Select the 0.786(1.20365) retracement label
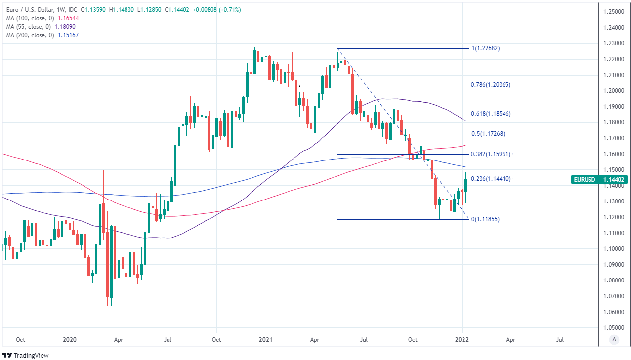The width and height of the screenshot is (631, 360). [491, 85]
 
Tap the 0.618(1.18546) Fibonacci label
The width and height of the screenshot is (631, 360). [491, 114]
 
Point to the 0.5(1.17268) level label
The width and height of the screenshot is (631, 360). [488, 134]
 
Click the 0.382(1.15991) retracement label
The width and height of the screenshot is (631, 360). [491, 154]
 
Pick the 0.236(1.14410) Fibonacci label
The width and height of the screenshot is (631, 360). [491, 179]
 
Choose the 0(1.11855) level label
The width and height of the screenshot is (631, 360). [485, 219]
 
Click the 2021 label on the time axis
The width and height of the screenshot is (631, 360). [266, 340]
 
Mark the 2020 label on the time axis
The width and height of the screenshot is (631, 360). [70, 340]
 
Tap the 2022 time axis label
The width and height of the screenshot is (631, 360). [462, 340]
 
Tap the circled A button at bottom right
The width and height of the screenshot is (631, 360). [614, 339]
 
